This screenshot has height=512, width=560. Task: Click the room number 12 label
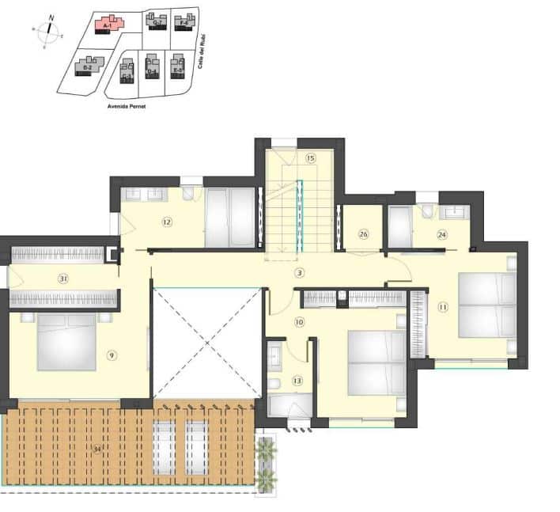point(167,222)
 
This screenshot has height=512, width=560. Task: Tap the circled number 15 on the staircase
point(311,158)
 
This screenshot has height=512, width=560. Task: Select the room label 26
point(363,233)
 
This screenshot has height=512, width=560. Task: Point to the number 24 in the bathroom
point(442,233)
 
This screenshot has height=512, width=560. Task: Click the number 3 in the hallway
point(300,274)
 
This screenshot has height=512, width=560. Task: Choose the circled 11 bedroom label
point(443,306)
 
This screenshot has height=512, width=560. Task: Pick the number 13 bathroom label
point(297,381)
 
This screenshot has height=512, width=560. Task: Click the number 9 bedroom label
point(112,355)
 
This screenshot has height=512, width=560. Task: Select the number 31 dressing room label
point(62,278)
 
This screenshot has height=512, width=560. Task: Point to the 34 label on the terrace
point(97,449)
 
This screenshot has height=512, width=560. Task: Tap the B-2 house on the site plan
point(89,66)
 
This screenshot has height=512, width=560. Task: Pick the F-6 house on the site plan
point(184,21)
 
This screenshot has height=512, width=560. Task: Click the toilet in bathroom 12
point(190,195)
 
